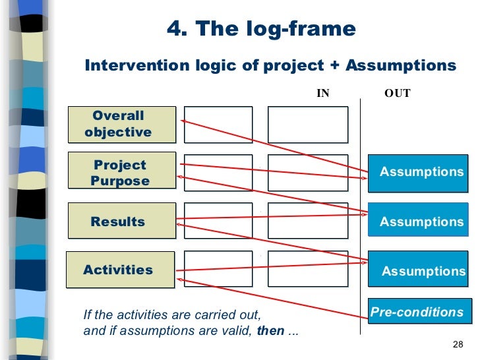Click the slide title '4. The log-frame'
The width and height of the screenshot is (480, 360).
coord(261,30)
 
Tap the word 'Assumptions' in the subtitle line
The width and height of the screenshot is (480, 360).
coord(401,66)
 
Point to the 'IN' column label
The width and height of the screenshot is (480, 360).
coord(323,94)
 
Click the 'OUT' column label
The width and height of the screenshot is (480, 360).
coord(397,94)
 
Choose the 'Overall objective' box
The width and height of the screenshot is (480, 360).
coord(121,124)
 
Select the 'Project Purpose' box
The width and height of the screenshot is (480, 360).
coord(121,173)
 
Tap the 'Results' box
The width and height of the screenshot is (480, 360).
coord(121,222)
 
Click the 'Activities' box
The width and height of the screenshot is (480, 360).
coord(121,270)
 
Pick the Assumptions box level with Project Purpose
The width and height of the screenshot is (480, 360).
coord(421,172)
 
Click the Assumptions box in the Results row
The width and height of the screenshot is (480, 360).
coord(421,222)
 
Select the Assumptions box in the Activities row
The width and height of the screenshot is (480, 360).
coord(422,270)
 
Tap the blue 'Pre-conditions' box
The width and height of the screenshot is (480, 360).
coord(417,313)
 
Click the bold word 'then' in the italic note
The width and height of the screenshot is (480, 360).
coord(270,331)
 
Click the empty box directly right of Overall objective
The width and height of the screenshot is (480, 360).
coord(218,125)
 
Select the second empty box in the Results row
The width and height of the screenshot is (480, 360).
coord(307,221)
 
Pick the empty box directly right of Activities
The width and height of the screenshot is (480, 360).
coord(218,269)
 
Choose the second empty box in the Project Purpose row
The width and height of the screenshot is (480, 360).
coord(307,173)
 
